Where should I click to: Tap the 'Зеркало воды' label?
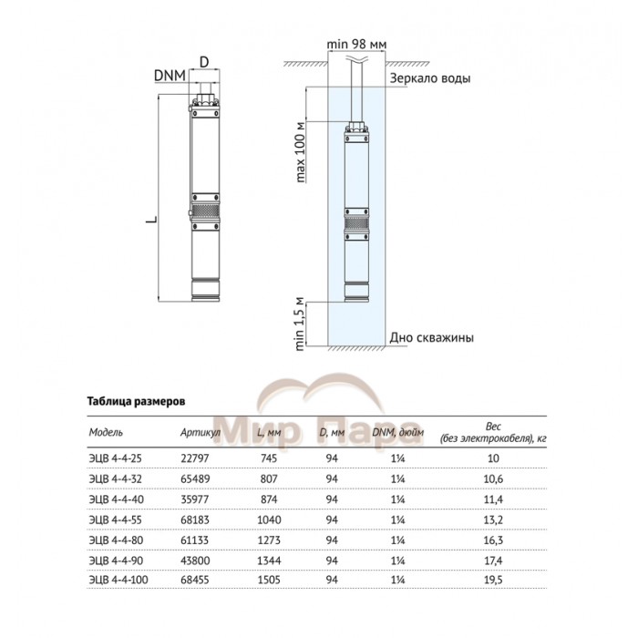(x=430, y=79)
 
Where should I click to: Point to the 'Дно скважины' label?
(x=431, y=336)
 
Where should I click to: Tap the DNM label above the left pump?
(x=169, y=76)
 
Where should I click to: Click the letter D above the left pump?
(x=204, y=61)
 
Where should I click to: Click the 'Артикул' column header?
(x=201, y=432)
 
